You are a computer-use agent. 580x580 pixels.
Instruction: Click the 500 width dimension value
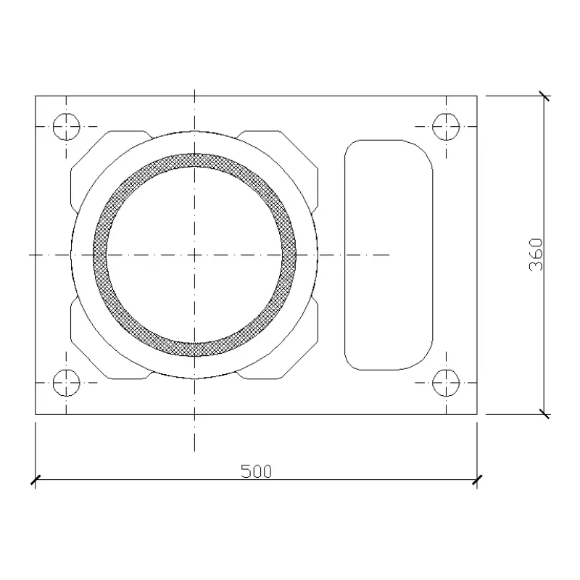(x=256, y=471)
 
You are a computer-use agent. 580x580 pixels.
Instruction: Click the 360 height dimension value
(x=536, y=254)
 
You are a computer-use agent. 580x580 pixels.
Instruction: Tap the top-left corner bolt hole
(x=66, y=126)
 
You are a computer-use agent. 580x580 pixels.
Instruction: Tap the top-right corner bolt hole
(x=446, y=126)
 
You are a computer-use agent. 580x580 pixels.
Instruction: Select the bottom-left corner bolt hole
(x=66, y=383)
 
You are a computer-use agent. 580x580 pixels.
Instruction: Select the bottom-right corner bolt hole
(x=446, y=383)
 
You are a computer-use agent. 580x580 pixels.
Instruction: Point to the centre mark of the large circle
(x=194, y=255)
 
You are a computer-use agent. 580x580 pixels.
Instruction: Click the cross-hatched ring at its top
(x=194, y=160)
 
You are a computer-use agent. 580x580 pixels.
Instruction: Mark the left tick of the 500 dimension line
(x=35, y=480)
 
